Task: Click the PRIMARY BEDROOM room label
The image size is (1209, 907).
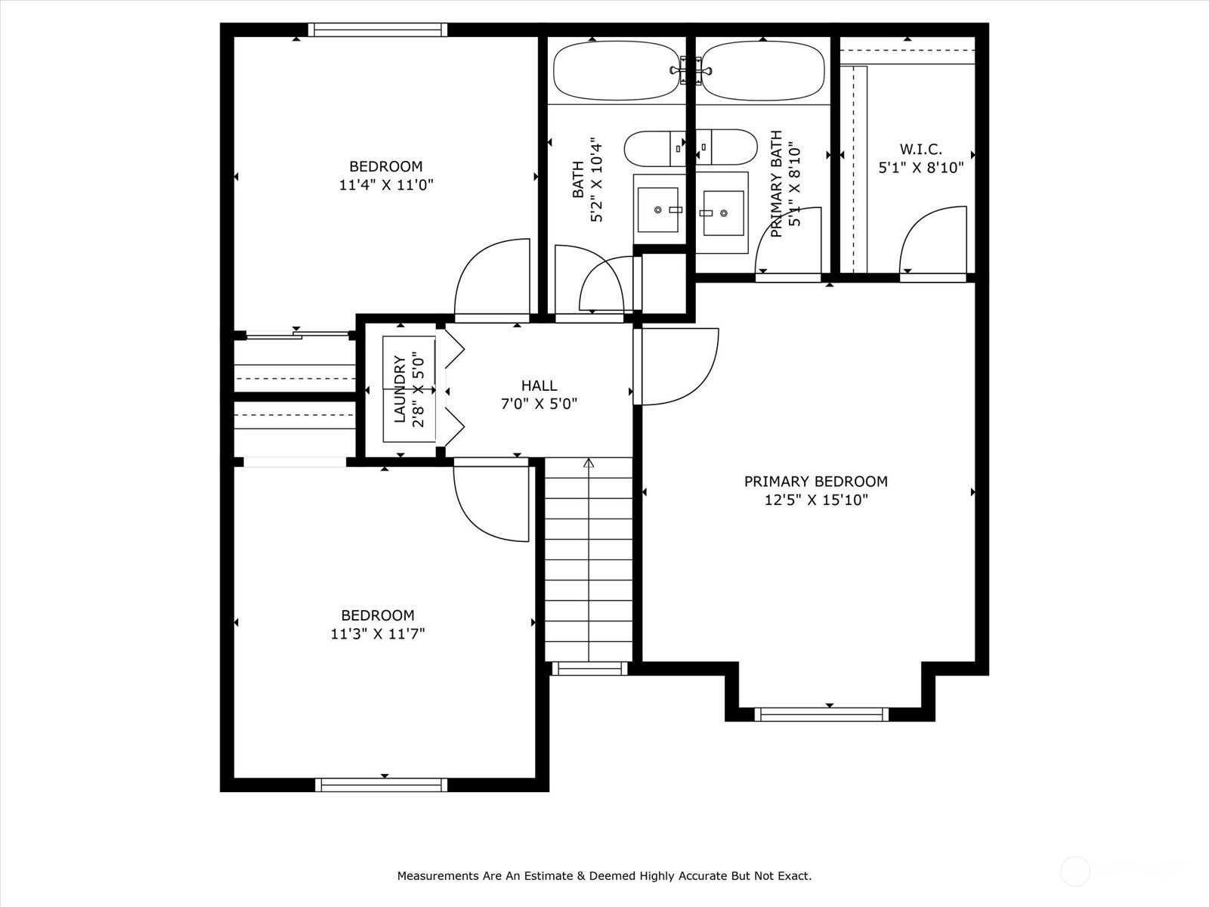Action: pos(816,481)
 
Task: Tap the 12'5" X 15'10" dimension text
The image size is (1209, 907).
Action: pos(816,500)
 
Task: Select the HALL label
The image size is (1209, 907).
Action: pos(540,385)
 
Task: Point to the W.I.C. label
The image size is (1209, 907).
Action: pos(921,149)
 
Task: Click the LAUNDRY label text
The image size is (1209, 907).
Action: pos(400,389)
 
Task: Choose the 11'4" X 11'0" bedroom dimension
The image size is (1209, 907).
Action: pos(386,184)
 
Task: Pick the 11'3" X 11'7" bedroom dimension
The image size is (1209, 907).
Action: pos(378,634)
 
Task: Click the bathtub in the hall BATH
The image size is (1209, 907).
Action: pos(617,71)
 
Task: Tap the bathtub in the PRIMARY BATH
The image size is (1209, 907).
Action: pos(763,71)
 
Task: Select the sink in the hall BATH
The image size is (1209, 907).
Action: pos(658,210)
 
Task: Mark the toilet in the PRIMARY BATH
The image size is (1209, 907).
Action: pos(726,147)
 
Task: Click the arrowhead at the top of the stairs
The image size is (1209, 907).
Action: pos(589,463)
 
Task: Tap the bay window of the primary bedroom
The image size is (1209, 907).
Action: pos(821,715)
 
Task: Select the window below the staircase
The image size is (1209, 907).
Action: pos(590,669)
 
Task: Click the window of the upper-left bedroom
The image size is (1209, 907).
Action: pos(377,29)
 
